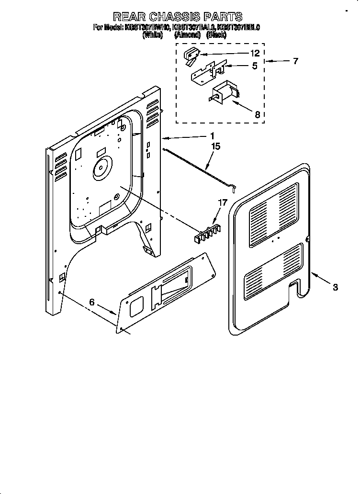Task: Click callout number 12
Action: [255, 53]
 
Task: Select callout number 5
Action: [255, 66]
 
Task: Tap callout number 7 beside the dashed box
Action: [295, 61]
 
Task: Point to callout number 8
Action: [257, 114]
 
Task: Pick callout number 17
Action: [222, 202]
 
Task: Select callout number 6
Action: [92, 302]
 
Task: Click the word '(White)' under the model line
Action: [153, 35]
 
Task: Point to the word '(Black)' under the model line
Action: [216, 35]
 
